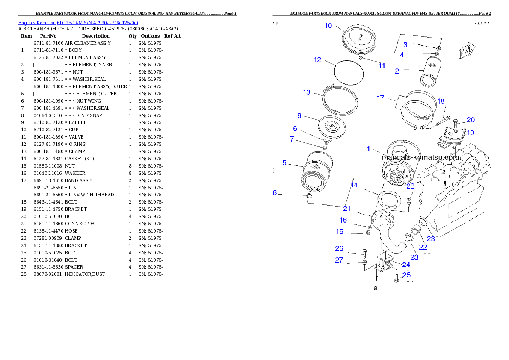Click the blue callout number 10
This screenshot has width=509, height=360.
(328, 26)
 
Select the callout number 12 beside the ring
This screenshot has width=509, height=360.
(317, 60)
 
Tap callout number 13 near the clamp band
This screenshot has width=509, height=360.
(307, 92)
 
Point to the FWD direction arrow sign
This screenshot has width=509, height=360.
(467, 50)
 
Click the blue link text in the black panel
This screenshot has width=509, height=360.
(78, 23)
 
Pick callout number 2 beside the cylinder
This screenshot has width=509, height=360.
(397, 71)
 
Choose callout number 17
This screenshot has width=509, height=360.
(380, 98)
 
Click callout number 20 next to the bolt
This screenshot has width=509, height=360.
(471, 120)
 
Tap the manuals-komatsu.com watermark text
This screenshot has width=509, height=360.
(420, 157)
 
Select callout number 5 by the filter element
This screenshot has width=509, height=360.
(284, 163)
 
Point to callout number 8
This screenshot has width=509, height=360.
(275, 193)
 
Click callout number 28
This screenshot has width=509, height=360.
(410, 186)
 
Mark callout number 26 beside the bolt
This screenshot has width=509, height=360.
(339, 248)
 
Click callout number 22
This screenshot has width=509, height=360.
(423, 247)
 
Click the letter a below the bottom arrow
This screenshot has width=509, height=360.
(376, 288)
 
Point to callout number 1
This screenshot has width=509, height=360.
(368, 149)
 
